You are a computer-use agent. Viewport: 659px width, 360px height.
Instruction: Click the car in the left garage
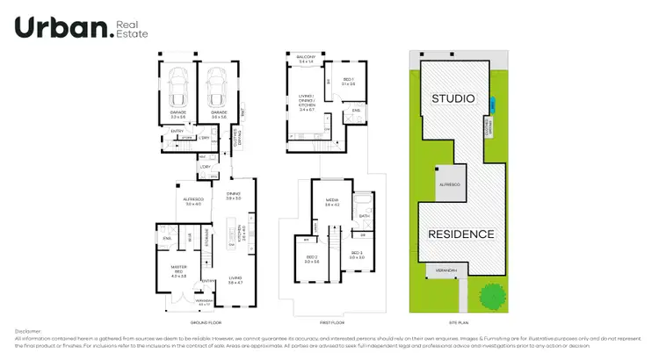177,87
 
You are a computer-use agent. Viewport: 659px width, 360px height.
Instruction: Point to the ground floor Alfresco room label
193,201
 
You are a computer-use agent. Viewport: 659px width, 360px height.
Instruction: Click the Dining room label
233,196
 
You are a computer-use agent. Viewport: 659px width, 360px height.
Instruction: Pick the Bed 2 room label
310,258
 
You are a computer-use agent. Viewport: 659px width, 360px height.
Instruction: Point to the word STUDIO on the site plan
453,97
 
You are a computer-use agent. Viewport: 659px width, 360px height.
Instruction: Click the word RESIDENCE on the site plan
461,234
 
